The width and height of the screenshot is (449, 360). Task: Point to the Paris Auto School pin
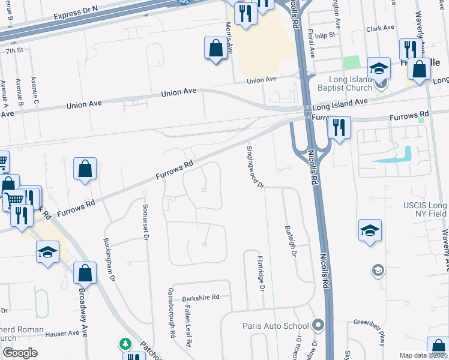[x=318, y=326]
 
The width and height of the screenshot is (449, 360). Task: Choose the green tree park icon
[x=125, y=344]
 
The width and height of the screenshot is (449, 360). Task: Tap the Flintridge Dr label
[x=261, y=273]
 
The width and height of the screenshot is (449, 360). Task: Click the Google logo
[x=20, y=353]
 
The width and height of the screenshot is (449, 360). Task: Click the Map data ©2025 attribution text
[x=423, y=355]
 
